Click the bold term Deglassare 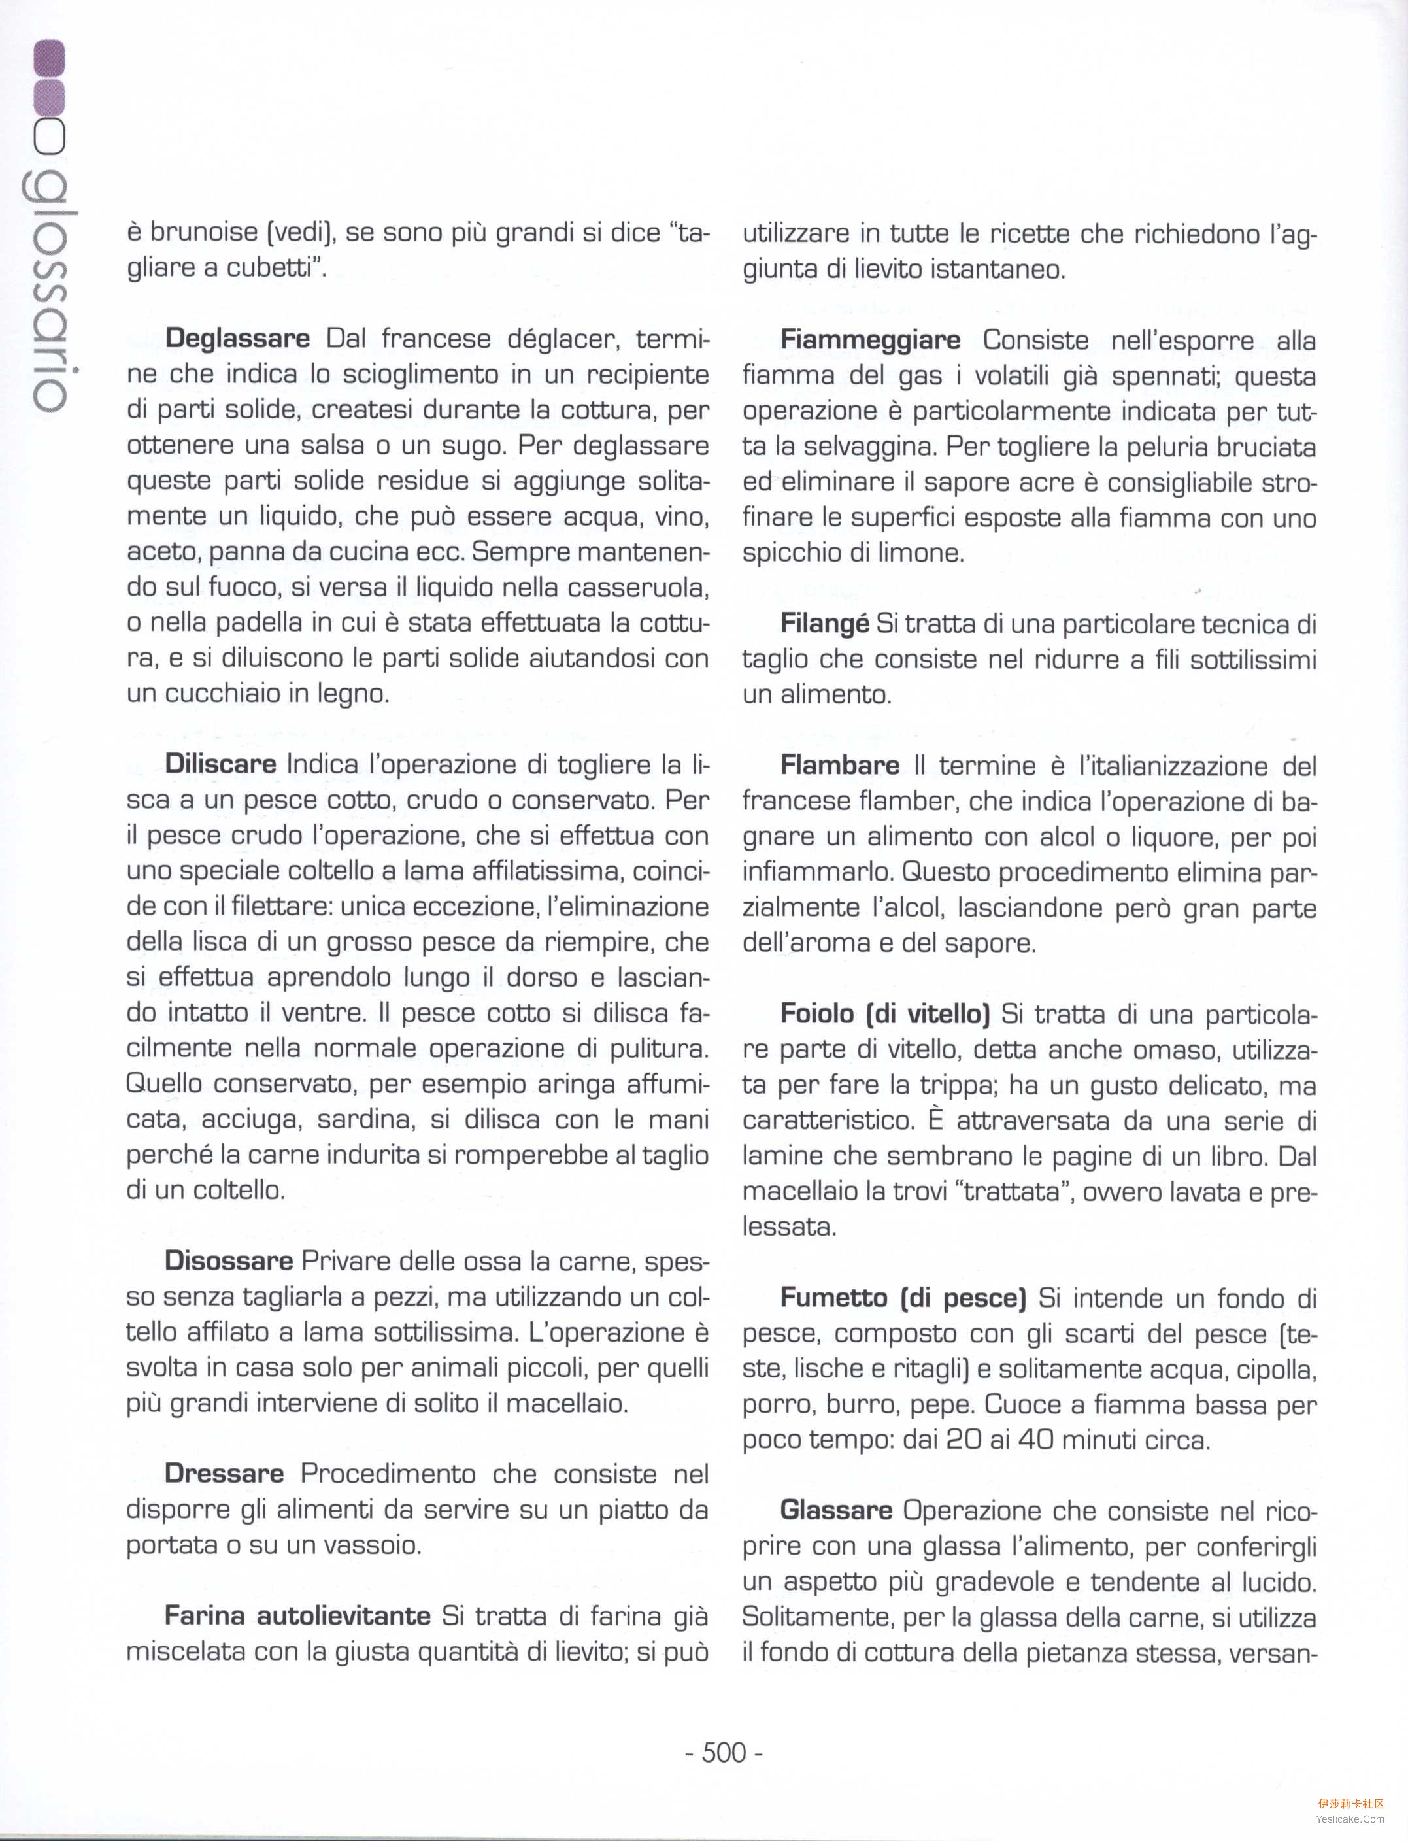pos(237,339)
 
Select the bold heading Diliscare pos(220,764)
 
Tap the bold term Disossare pos(228,1261)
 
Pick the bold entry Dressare pos(224,1473)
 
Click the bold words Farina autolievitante pos(297,1615)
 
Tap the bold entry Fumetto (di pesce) pos(903,1297)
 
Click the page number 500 pos(723,1752)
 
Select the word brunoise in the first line pos(204,231)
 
